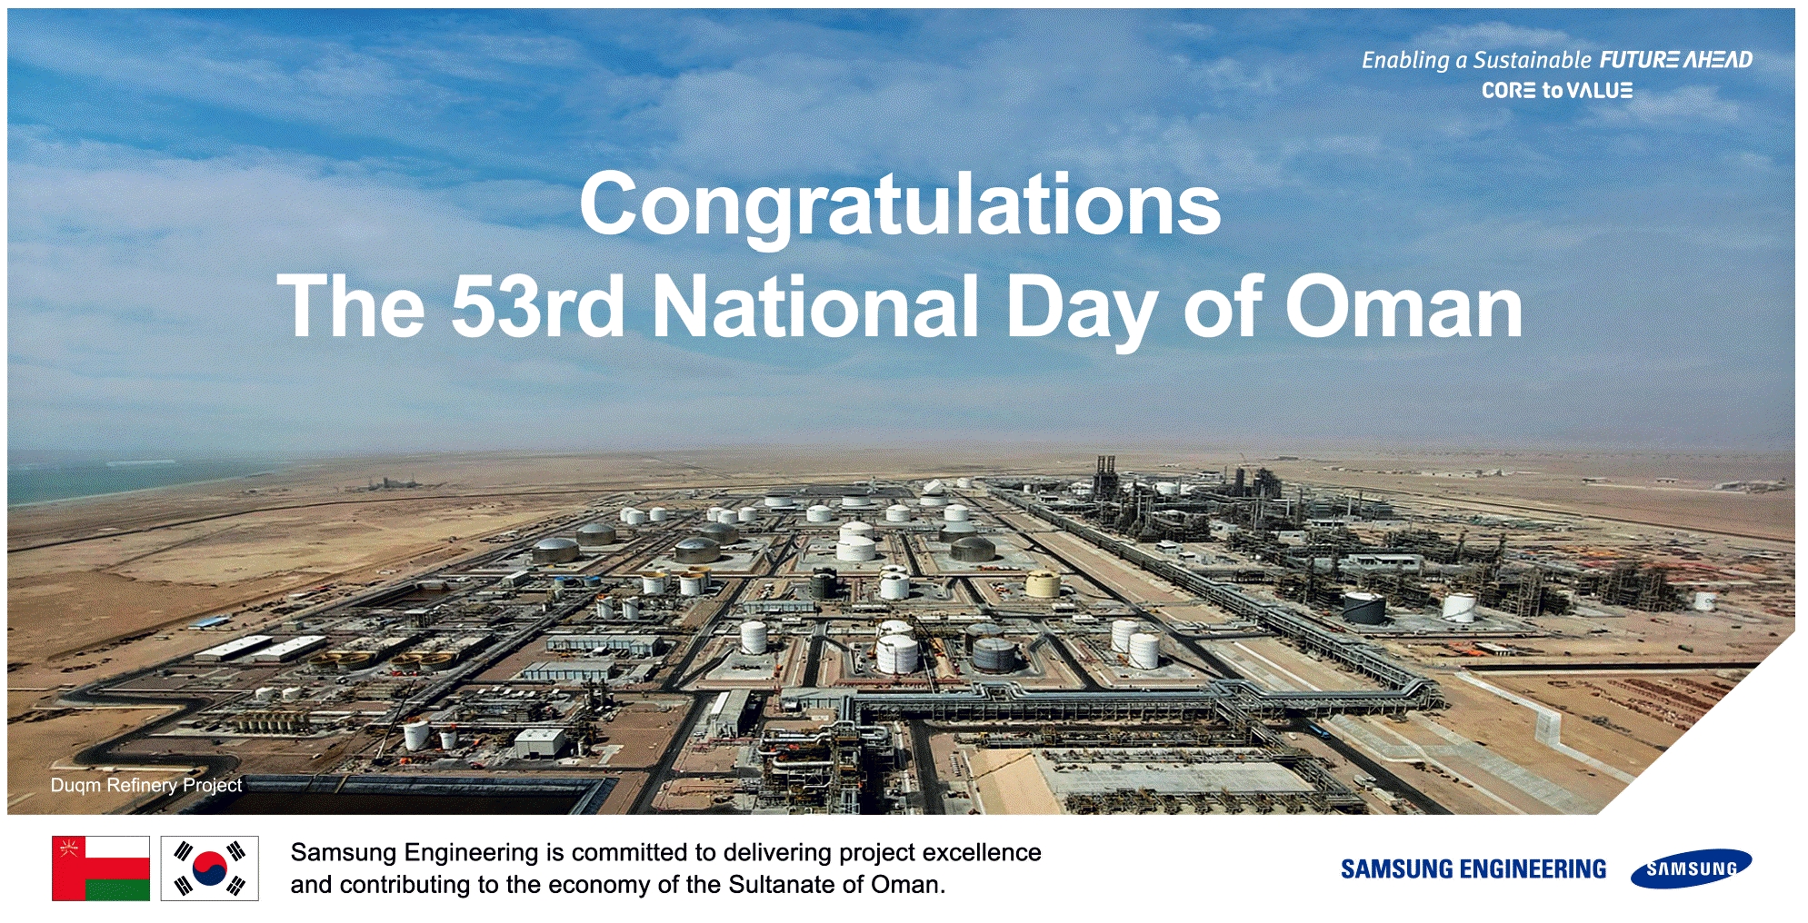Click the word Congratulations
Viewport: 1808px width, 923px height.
pyautogui.click(x=900, y=206)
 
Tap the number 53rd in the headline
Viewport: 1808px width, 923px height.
pyautogui.click(x=537, y=306)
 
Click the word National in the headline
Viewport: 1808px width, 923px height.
pyautogui.click(x=815, y=306)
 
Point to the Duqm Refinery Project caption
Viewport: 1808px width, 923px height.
pyautogui.click(x=146, y=785)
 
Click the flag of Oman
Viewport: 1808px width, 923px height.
pyautogui.click(x=101, y=868)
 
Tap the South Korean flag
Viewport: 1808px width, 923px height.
pyautogui.click(x=210, y=868)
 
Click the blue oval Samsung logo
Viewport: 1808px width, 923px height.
pyautogui.click(x=1691, y=869)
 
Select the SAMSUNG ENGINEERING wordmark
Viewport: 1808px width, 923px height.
pyautogui.click(x=1473, y=869)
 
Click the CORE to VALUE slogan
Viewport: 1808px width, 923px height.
pyautogui.click(x=1557, y=91)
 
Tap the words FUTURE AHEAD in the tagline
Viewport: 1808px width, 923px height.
pyautogui.click(x=1676, y=60)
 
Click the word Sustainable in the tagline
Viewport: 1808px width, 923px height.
pyautogui.click(x=1532, y=60)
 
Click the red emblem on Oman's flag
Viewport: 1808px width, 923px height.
pyautogui.click(x=68, y=849)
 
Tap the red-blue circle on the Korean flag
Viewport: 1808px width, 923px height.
pyautogui.click(x=210, y=868)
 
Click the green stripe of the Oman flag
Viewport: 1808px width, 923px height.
pyautogui.click(x=117, y=889)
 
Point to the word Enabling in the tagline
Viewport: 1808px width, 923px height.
pyautogui.click(x=1405, y=61)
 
